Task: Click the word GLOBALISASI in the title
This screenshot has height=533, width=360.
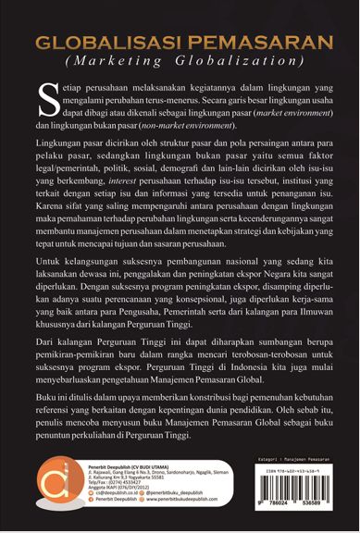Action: [x=106, y=44]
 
